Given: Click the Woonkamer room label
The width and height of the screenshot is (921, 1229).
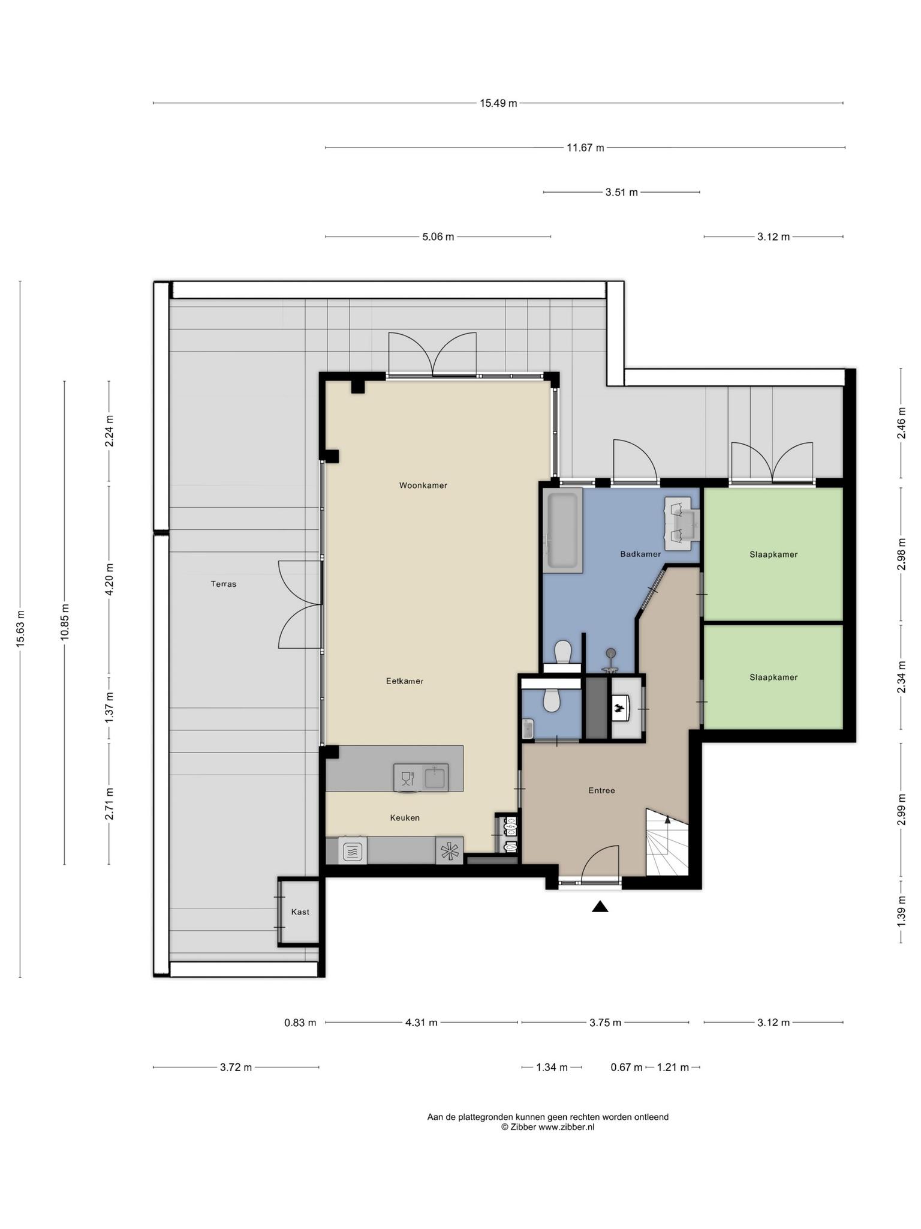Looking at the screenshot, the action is (x=423, y=485).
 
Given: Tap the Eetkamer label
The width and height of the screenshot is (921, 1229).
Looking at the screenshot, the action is (x=405, y=681).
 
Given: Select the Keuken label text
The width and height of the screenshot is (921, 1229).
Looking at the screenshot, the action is (x=405, y=818).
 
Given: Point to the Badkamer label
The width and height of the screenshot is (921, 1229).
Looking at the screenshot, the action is (x=640, y=554).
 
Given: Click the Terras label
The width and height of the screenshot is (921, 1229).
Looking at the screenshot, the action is (x=224, y=584).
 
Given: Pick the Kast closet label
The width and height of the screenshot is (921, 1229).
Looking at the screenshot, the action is (x=300, y=912).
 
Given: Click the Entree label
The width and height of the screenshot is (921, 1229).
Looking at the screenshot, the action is (x=601, y=790).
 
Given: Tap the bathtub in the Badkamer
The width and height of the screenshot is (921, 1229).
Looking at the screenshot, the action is (x=562, y=529).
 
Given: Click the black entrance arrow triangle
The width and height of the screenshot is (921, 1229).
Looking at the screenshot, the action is (x=600, y=907).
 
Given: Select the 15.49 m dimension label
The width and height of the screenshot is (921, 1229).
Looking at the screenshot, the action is (x=498, y=103).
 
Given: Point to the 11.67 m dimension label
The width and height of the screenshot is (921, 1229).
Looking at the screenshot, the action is (x=586, y=148).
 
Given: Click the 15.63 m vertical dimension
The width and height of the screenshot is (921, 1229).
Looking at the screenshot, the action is (x=20, y=629).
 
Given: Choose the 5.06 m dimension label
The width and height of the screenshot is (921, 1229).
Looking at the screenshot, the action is (x=438, y=237).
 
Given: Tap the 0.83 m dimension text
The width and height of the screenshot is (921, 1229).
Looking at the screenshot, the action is (x=300, y=1023).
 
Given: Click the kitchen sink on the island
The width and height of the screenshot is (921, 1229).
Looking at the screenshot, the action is (x=436, y=778).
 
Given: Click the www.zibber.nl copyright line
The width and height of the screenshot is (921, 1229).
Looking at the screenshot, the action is (x=548, y=1128).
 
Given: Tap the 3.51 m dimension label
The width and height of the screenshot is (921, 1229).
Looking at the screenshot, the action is (x=622, y=193).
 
